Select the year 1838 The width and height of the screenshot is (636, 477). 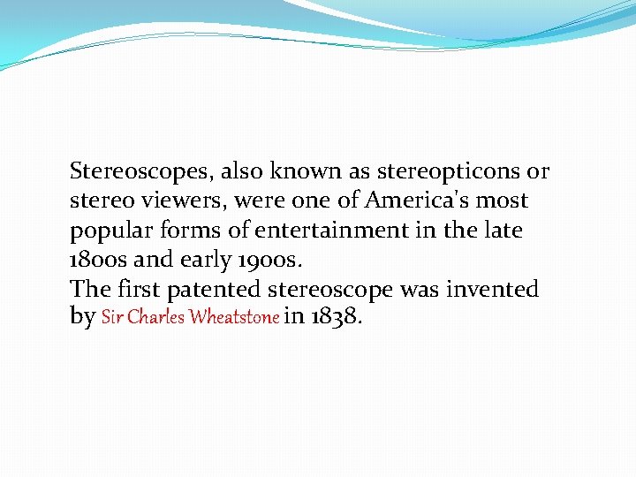click(x=336, y=315)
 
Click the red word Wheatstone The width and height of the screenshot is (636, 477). click(x=233, y=317)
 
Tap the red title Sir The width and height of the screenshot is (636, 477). click(x=112, y=317)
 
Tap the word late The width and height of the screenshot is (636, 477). click(x=504, y=231)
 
